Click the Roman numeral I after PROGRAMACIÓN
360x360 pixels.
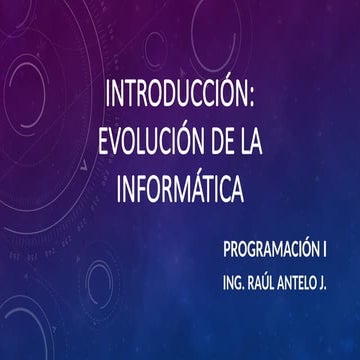pos(326,244)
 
